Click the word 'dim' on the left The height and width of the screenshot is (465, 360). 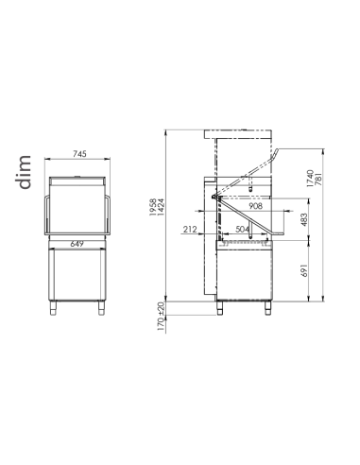tap(24, 174)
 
